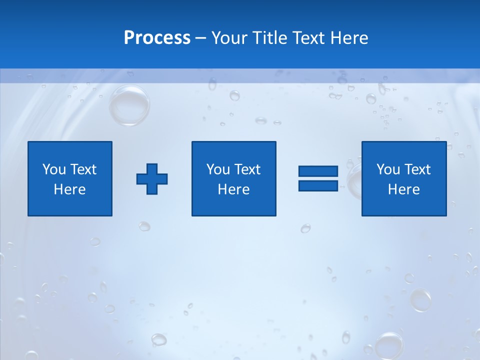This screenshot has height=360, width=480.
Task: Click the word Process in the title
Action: click(x=157, y=38)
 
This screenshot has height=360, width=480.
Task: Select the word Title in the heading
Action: click(x=270, y=38)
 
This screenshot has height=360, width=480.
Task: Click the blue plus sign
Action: click(x=152, y=179)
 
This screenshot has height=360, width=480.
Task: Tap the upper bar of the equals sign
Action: click(x=318, y=171)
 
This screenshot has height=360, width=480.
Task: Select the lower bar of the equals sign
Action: click(x=318, y=185)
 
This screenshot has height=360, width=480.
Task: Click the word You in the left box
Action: click(x=54, y=169)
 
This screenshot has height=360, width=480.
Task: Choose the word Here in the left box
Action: click(x=69, y=189)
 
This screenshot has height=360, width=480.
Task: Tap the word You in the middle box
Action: click(x=218, y=169)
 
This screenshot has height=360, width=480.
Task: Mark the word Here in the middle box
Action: click(x=233, y=189)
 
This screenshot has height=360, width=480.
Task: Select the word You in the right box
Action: click(x=388, y=169)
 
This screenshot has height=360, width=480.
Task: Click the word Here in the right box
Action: click(x=403, y=189)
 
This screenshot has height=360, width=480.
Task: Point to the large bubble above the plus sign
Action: click(x=129, y=105)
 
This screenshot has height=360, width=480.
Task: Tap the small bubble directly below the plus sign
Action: click(x=144, y=226)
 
